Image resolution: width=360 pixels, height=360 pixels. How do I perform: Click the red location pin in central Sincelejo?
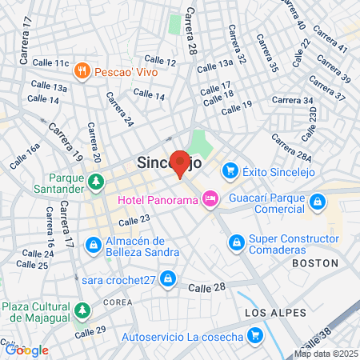tap(180, 162)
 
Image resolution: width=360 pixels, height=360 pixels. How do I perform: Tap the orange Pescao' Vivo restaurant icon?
tap(82, 71)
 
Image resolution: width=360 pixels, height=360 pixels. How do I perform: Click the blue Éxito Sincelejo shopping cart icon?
tap(230, 170)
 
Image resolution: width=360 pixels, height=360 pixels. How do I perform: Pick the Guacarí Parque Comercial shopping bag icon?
tap(318, 202)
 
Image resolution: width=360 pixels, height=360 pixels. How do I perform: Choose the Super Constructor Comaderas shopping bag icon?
tap(237, 242)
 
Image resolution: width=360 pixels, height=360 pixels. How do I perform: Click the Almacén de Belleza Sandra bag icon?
tap(94, 243)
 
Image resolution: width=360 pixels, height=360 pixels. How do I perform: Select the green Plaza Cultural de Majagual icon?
tap(81, 310)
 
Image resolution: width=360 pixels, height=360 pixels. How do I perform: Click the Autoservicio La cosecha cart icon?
tap(255, 335)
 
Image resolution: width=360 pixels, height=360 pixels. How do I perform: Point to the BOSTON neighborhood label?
tap(310, 262)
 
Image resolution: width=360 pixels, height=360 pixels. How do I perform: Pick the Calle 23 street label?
tap(134, 219)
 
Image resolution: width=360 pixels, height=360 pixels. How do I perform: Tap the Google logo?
tap(26, 350)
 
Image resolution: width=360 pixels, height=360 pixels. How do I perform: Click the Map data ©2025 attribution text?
tap(325, 354)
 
